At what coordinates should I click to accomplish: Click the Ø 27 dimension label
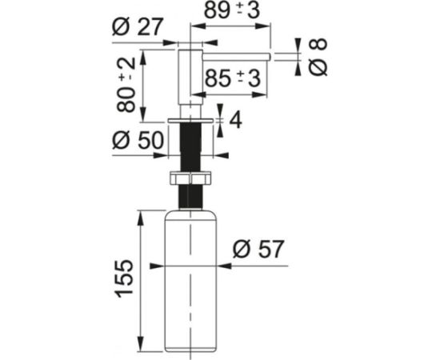click(x=138, y=26)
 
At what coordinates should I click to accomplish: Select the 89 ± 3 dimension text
click(x=232, y=10)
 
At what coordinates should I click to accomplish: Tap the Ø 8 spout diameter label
click(x=318, y=57)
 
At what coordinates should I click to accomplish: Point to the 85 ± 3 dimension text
click(x=233, y=78)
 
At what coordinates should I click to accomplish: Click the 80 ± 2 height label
click(x=126, y=85)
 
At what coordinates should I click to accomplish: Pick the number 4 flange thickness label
click(x=235, y=120)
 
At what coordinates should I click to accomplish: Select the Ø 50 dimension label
click(x=138, y=140)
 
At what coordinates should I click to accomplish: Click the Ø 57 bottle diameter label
click(x=258, y=249)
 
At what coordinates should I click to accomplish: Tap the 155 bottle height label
click(x=123, y=278)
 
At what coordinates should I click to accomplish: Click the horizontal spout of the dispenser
click(x=236, y=57)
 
